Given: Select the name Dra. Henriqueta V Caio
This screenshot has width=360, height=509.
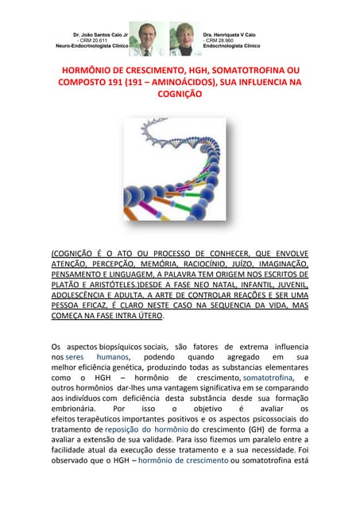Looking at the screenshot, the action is tap(232, 35).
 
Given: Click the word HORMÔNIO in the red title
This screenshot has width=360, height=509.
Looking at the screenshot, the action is tap(88, 71).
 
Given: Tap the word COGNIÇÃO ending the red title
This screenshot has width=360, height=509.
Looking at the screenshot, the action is tap(180, 93).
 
